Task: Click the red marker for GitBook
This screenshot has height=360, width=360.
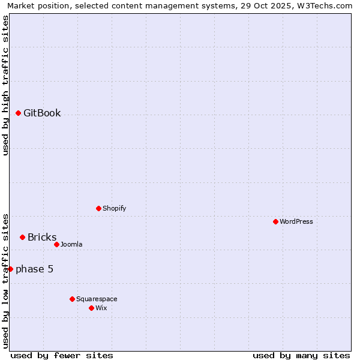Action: (18, 113)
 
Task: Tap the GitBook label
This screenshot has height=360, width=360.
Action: (42, 113)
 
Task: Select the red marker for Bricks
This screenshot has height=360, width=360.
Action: (22, 237)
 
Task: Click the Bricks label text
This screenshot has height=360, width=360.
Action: (42, 238)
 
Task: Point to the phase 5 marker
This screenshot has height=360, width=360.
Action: (10, 269)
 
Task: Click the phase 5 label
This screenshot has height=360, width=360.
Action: (34, 269)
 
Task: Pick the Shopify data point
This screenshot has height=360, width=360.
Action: (98, 208)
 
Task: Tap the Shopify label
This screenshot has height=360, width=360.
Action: (114, 209)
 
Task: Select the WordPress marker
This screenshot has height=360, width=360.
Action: (275, 221)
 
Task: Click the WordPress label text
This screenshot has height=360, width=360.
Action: (296, 222)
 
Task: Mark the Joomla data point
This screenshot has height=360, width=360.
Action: (56, 244)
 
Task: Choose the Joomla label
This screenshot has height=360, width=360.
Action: (71, 245)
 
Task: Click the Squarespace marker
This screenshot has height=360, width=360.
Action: (72, 299)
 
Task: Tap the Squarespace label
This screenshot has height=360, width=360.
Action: (97, 299)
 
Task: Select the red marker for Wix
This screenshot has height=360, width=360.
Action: (91, 308)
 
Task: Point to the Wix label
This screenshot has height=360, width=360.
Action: (101, 308)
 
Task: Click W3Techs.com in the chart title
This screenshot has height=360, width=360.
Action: (327, 6)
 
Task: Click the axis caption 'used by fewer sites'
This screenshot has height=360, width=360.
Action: (62, 355)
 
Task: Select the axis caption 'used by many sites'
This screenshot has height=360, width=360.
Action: (301, 355)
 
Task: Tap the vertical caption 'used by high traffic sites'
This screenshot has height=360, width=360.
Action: (5, 85)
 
